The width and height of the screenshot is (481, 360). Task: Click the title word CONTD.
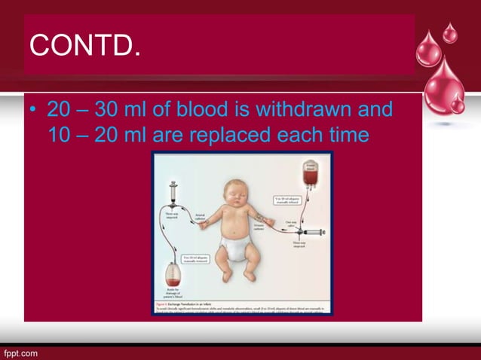coord(84,47)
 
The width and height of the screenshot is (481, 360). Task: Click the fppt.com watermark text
coord(21,352)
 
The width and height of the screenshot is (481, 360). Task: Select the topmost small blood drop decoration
coord(449,32)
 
